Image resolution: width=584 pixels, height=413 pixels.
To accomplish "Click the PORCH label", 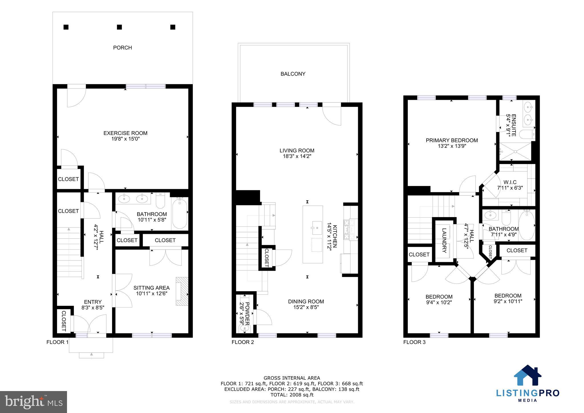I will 122,48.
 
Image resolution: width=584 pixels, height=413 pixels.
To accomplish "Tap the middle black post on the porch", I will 119,27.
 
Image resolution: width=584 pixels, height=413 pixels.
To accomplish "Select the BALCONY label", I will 293,74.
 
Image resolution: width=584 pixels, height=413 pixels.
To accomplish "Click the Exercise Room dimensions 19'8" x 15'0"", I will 125,139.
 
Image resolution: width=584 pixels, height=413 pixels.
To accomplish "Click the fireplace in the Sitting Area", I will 182,291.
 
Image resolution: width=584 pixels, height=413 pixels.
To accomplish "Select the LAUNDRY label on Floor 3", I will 444,240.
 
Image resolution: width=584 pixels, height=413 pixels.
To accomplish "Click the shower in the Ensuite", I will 515,152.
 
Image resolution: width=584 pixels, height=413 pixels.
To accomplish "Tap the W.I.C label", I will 510,182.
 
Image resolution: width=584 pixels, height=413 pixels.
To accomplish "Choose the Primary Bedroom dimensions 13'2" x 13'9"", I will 452,146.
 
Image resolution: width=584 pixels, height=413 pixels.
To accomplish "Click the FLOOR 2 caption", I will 243,342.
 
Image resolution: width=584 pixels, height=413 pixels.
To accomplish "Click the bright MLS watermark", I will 33,402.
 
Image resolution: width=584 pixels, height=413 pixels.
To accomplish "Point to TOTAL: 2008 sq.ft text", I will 292,395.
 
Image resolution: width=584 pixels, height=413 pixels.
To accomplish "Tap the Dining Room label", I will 306,301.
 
